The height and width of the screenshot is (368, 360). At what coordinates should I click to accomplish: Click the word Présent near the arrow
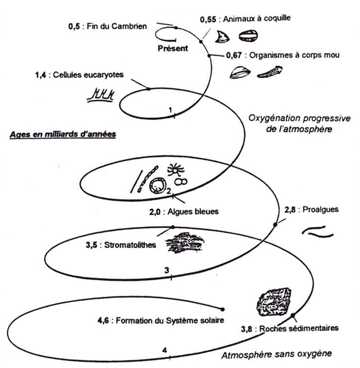(x=173, y=48)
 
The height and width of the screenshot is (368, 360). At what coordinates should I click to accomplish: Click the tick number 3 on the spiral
(x=166, y=270)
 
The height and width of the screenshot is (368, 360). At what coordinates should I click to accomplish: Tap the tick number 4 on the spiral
(x=165, y=349)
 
